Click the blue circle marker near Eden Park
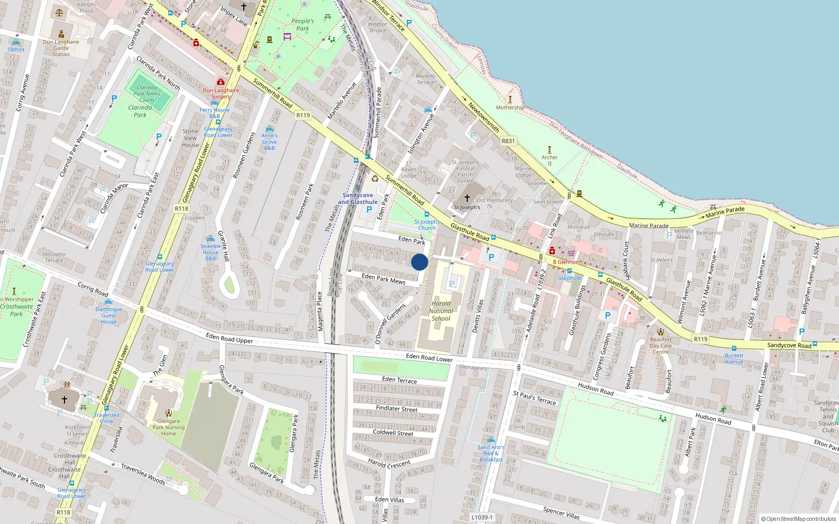pos(419,262)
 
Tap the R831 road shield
pos(508,141)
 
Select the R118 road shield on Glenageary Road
pos(181,209)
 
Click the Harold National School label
pos(441,311)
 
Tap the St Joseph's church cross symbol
pos(467,198)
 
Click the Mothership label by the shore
pos(510,107)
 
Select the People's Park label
pos(303,25)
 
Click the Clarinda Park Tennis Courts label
pos(147,94)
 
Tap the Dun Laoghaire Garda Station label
pos(61,48)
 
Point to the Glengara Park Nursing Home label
pos(168,427)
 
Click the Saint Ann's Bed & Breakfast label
pos(491,453)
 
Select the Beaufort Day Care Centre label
pos(661,345)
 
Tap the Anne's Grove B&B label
pos(270,141)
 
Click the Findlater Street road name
pos(396,408)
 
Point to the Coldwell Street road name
pos(393,433)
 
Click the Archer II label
pos(550,160)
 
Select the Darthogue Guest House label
pos(109,315)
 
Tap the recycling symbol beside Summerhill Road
pos(375,179)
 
